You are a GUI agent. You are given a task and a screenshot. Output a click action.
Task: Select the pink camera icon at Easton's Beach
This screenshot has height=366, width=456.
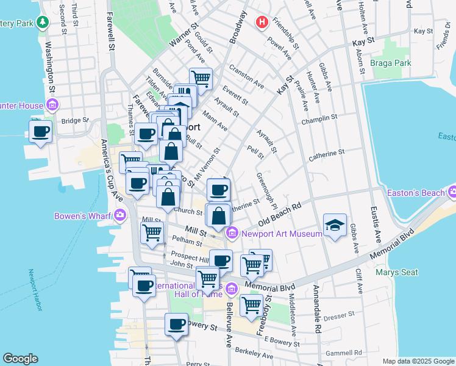[452, 193]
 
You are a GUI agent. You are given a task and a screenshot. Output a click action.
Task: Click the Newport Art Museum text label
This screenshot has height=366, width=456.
[281, 234]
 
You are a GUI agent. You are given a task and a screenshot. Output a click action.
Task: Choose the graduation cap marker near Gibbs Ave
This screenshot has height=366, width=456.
[335, 224]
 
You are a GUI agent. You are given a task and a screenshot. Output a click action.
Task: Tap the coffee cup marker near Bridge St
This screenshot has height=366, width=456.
[41, 131]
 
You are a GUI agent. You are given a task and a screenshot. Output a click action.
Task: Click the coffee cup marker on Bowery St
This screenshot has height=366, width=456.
[176, 323]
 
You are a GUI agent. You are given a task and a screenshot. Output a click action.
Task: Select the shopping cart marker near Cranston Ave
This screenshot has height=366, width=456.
[200, 77]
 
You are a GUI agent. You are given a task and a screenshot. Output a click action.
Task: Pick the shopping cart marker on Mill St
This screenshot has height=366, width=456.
[152, 232]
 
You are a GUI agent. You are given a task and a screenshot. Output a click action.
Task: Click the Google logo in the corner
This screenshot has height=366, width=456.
[20, 359]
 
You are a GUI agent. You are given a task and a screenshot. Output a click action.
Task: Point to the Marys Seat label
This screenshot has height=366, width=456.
[397, 272]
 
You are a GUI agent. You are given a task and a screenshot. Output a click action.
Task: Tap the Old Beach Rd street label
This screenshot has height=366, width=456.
[280, 215]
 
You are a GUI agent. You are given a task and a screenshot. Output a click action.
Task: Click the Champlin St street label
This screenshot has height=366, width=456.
[319, 117]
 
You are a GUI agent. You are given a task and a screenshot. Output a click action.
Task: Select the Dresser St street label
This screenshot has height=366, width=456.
[340, 315]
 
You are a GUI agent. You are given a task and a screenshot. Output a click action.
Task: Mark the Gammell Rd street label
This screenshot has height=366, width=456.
[344, 352]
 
